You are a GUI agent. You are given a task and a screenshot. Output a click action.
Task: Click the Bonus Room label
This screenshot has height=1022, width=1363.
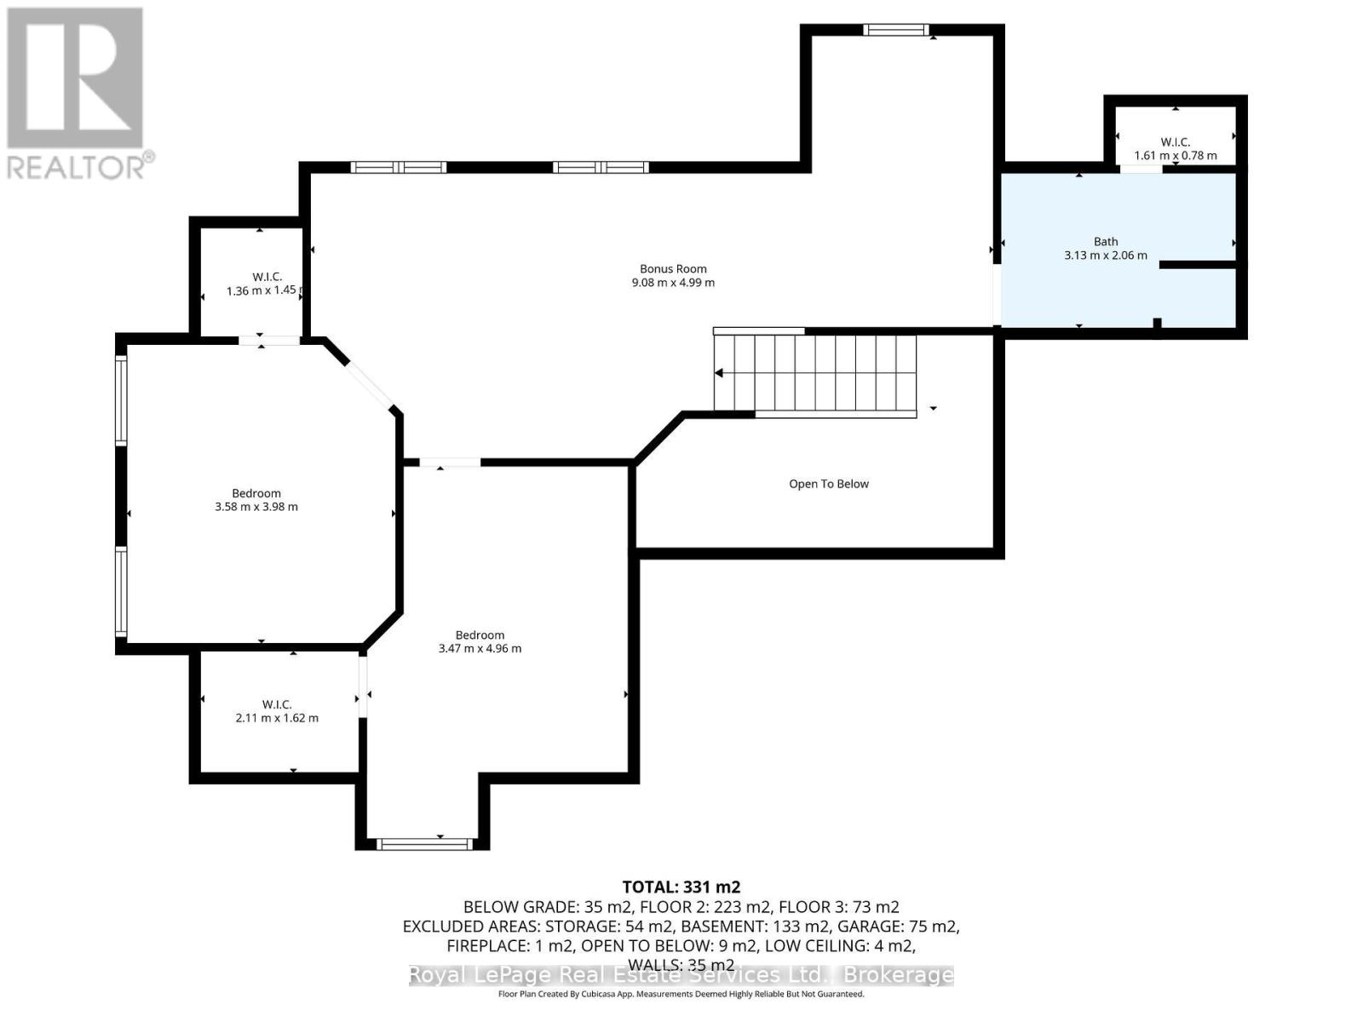click(x=673, y=268)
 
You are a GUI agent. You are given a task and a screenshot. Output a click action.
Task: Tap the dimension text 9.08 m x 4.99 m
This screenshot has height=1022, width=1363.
click(x=673, y=283)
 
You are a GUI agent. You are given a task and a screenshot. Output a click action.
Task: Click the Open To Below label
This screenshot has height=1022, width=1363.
click(x=828, y=484)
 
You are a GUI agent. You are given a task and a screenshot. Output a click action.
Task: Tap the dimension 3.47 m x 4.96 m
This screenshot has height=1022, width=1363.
click(x=480, y=649)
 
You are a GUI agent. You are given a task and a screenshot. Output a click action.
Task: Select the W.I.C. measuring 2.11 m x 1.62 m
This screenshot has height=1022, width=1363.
click(x=276, y=711)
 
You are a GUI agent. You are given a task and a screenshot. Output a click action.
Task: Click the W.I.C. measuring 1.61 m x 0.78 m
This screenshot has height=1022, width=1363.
click(x=1175, y=148)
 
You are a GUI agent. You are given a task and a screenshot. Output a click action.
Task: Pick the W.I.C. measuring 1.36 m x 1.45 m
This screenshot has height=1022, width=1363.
click(x=261, y=284)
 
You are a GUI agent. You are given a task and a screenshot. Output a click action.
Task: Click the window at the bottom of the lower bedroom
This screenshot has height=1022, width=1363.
click(x=423, y=844)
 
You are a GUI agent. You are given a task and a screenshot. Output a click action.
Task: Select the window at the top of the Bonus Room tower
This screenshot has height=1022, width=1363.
click(x=895, y=30)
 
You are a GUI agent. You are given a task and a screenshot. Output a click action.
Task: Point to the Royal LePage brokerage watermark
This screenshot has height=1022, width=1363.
click(x=681, y=975)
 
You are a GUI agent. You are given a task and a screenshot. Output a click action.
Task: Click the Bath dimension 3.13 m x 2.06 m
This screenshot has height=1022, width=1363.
click(x=1105, y=255)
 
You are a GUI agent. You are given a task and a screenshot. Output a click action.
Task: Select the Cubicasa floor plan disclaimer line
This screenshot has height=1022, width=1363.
click(x=681, y=994)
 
